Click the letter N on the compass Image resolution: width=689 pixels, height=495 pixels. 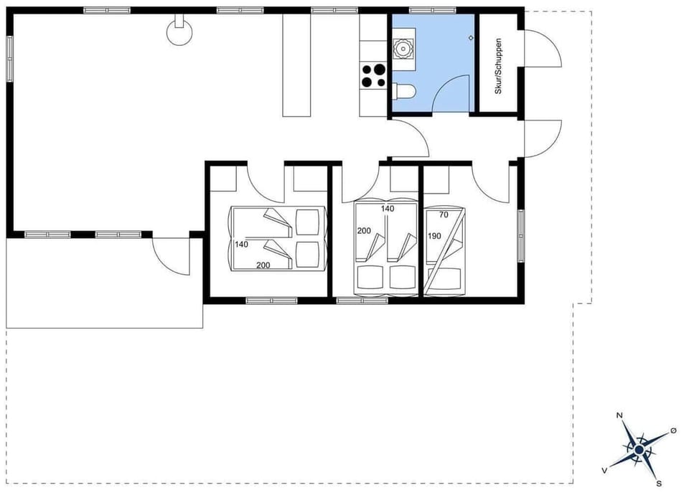(619, 415)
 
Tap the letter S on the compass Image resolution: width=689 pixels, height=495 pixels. (659, 484)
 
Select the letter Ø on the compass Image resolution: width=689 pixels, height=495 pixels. (672, 430)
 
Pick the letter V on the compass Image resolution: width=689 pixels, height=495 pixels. (605, 470)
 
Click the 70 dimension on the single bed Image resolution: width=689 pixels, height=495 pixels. (444, 214)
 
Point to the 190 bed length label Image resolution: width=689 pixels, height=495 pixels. (433, 236)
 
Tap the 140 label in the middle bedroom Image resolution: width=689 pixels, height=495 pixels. (388, 209)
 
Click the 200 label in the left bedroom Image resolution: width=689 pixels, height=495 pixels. (263, 265)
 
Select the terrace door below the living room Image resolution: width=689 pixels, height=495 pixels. (169, 254)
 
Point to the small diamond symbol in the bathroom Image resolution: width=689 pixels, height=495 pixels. (470, 37)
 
